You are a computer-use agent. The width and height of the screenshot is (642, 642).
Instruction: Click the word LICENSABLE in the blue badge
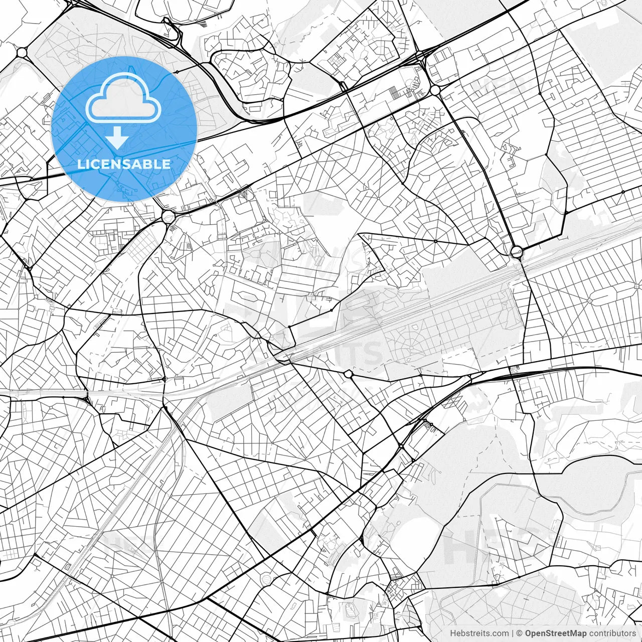124,164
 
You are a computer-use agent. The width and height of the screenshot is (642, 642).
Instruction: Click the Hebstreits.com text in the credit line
479,633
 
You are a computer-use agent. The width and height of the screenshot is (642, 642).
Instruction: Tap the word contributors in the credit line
612,633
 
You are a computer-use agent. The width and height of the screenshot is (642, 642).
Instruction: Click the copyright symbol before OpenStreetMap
520,633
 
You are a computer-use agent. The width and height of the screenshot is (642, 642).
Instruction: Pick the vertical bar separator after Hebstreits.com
512,633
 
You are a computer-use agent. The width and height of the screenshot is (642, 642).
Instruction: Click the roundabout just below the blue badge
168,217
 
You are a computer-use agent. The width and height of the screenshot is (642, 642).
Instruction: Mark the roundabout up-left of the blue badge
22,52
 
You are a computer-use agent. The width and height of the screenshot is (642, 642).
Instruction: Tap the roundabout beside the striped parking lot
435,90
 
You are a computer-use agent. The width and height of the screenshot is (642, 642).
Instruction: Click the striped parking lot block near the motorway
396,92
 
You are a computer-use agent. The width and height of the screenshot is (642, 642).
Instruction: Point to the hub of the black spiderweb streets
436,241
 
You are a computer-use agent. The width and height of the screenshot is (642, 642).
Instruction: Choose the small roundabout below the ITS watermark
348,374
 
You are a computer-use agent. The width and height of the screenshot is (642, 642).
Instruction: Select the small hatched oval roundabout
266,579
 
